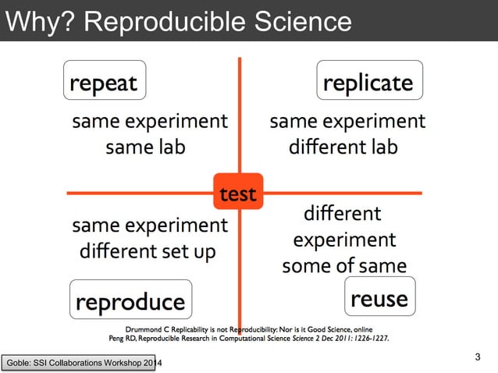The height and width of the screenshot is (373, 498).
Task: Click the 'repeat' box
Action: (104, 81)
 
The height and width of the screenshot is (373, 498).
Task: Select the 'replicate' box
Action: (368, 82)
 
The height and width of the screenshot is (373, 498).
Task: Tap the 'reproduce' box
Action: (130, 300)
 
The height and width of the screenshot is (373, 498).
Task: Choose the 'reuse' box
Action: (379, 297)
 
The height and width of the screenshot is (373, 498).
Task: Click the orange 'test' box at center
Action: (238, 193)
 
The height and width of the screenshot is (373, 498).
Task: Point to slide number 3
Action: (478, 357)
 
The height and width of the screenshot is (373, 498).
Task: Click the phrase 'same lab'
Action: (146, 147)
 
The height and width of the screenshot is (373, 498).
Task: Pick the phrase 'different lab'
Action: (343, 147)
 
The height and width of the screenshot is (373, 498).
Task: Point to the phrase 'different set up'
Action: (148, 253)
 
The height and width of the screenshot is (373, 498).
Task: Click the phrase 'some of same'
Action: (344, 265)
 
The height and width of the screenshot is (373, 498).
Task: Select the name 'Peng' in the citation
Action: (117, 339)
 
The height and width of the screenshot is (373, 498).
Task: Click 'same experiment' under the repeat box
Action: (150, 122)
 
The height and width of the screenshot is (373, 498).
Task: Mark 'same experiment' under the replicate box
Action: (347, 122)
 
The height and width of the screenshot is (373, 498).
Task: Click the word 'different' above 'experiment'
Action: (342, 213)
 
